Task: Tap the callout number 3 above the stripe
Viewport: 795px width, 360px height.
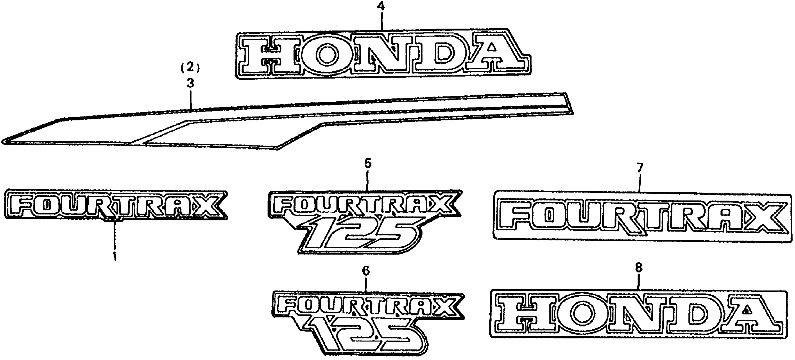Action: [x=190, y=83]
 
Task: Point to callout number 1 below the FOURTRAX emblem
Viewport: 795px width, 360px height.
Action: [x=115, y=256]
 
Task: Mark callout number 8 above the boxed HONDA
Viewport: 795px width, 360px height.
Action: [x=638, y=267]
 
